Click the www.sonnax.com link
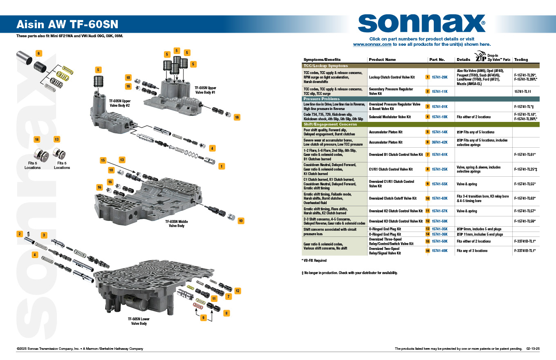pyautogui.click(x=372, y=44)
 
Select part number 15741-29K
pyautogui.click(x=439, y=77)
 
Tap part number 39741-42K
pyautogui.click(x=439, y=142)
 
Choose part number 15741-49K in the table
pyautogui.click(x=439, y=251)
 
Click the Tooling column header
pyautogui.click(x=520, y=60)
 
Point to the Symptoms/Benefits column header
pyautogui.click(x=322, y=60)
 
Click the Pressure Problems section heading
pyautogui.click(x=321, y=99)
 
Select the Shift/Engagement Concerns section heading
pyautogui.click(x=330, y=124)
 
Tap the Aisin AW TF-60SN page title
pyautogui.click(x=67, y=25)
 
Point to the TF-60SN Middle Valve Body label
pyautogui.click(x=177, y=223)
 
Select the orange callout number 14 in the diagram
pyautogui.click(x=37, y=139)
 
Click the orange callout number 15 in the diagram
pyautogui.click(x=103, y=160)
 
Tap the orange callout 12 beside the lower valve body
pyautogui.click(x=238, y=291)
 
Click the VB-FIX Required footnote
pyautogui.click(x=314, y=261)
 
